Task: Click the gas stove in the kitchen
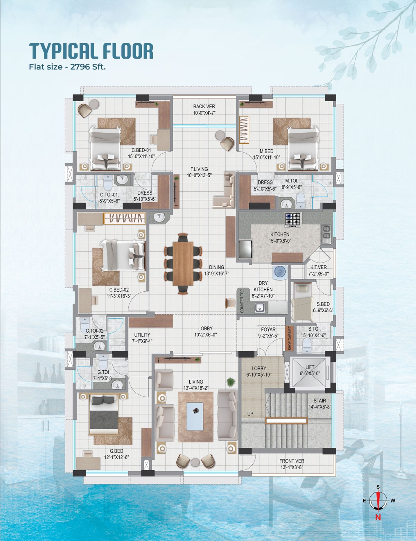[x=293, y=220]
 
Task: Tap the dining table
[x=183, y=264]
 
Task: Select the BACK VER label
[x=204, y=106]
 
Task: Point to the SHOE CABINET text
[x=289, y=338]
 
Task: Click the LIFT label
[x=310, y=367]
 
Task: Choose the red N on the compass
[x=378, y=517]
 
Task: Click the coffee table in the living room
[x=195, y=417]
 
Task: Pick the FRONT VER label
[x=292, y=461]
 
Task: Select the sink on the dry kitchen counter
[x=259, y=308]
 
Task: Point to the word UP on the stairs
[x=250, y=413]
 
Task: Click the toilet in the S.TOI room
[x=307, y=345]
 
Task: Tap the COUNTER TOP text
[x=242, y=301]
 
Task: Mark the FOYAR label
[x=268, y=329]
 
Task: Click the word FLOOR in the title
[x=128, y=51]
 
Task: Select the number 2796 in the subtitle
[x=79, y=67]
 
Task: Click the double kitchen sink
[x=327, y=234]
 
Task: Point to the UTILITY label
[x=142, y=335]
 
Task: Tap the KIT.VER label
[x=319, y=267]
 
